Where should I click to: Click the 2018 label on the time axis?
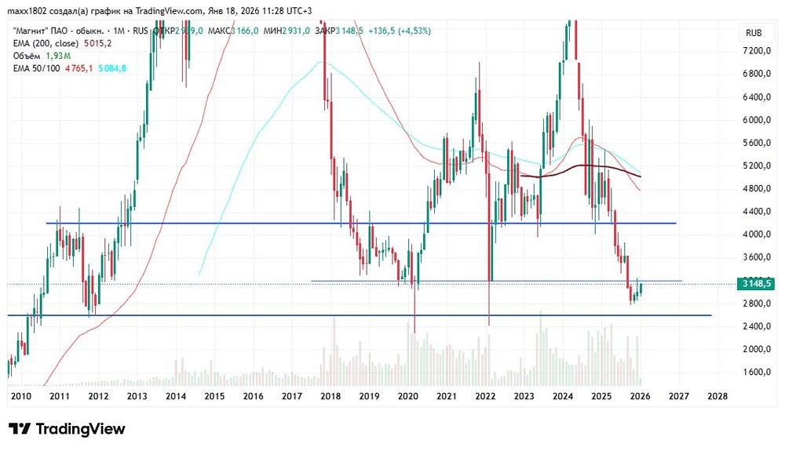(x=330, y=396)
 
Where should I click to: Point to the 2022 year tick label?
(x=484, y=396)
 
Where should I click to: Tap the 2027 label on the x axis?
(x=677, y=396)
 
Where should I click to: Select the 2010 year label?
(x=21, y=396)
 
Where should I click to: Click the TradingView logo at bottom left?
(x=67, y=429)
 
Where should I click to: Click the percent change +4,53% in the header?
(x=413, y=31)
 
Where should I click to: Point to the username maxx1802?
(x=28, y=10)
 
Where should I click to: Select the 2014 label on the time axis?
(x=175, y=396)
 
